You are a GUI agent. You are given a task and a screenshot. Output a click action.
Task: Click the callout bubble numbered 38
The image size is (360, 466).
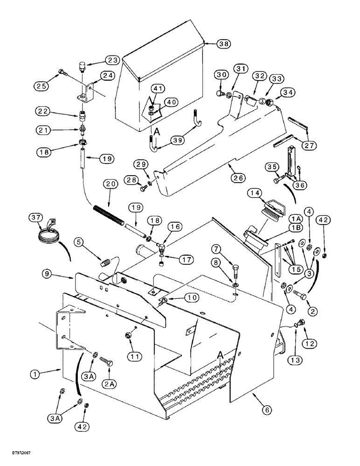(x=225, y=44)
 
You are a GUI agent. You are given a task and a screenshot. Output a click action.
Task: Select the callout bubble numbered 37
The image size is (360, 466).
(x=35, y=218)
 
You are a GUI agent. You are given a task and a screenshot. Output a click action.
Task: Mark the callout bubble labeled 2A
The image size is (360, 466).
(x=110, y=371)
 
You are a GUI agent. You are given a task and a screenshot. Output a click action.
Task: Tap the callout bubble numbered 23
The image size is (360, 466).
(x=112, y=60)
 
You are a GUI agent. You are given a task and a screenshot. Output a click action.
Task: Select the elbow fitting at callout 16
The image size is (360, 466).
(x=160, y=241)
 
